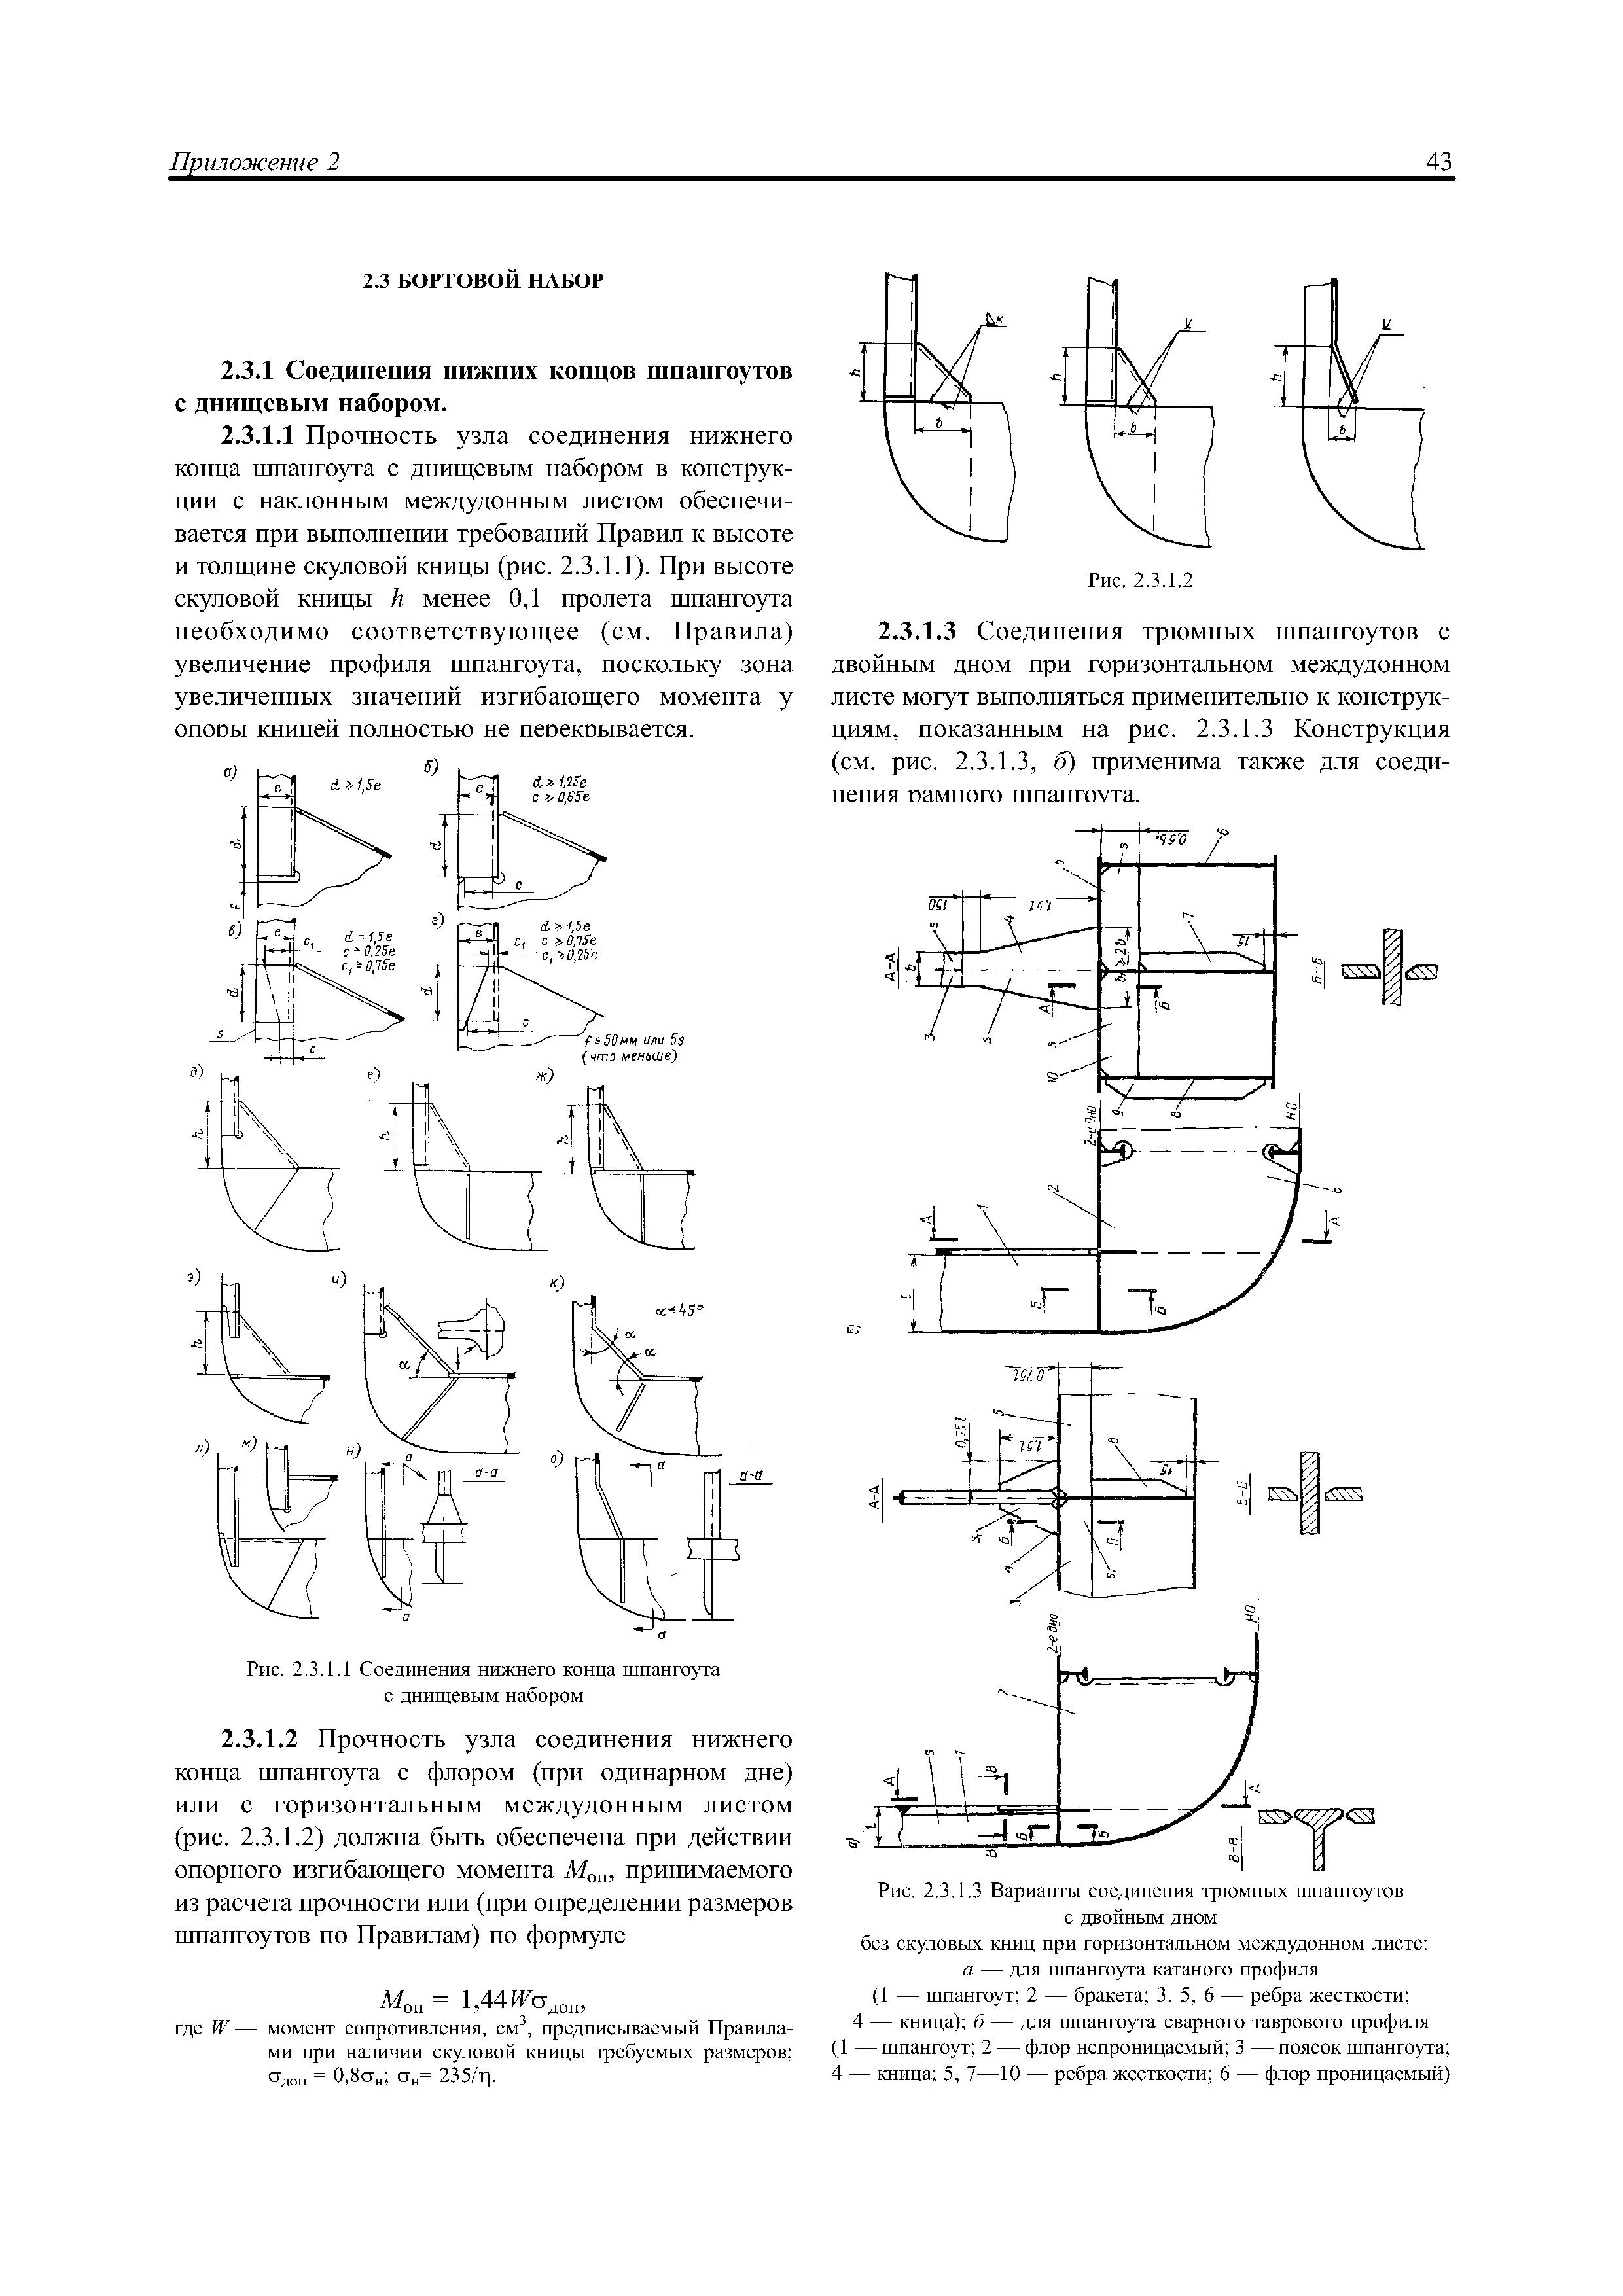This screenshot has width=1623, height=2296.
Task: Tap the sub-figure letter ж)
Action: [x=545, y=1076]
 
